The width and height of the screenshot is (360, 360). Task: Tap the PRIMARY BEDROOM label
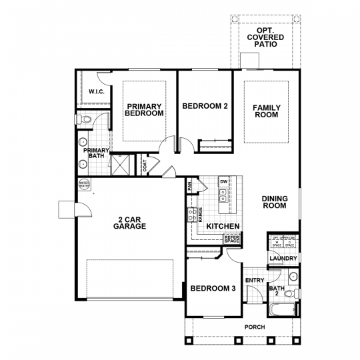click(x=144, y=110)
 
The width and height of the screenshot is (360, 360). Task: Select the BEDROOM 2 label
click(x=205, y=106)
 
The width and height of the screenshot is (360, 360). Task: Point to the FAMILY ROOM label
click(x=265, y=111)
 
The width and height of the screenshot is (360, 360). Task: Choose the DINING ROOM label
click(x=274, y=202)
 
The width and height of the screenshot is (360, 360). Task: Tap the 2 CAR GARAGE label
click(x=129, y=222)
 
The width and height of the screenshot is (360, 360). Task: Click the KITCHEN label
click(x=223, y=227)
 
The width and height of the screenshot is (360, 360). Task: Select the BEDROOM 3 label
click(x=213, y=289)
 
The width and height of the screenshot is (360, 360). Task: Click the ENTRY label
click(x=255, y=280)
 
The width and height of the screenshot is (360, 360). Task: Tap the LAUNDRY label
click(x=282, y=258)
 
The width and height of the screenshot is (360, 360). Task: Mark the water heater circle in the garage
click(x=85, y=184)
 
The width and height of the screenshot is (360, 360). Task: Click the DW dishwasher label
click(x=224, y=181)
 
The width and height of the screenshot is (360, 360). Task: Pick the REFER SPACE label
click(x=231, y=239)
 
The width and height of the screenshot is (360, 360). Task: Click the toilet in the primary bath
click(x=82, y=120)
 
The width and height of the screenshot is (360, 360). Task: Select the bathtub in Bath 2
click(x=283, y=309)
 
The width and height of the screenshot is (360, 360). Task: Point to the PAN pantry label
click(x=190, y=186)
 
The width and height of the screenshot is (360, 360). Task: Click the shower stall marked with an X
click(x=122, y=164)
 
